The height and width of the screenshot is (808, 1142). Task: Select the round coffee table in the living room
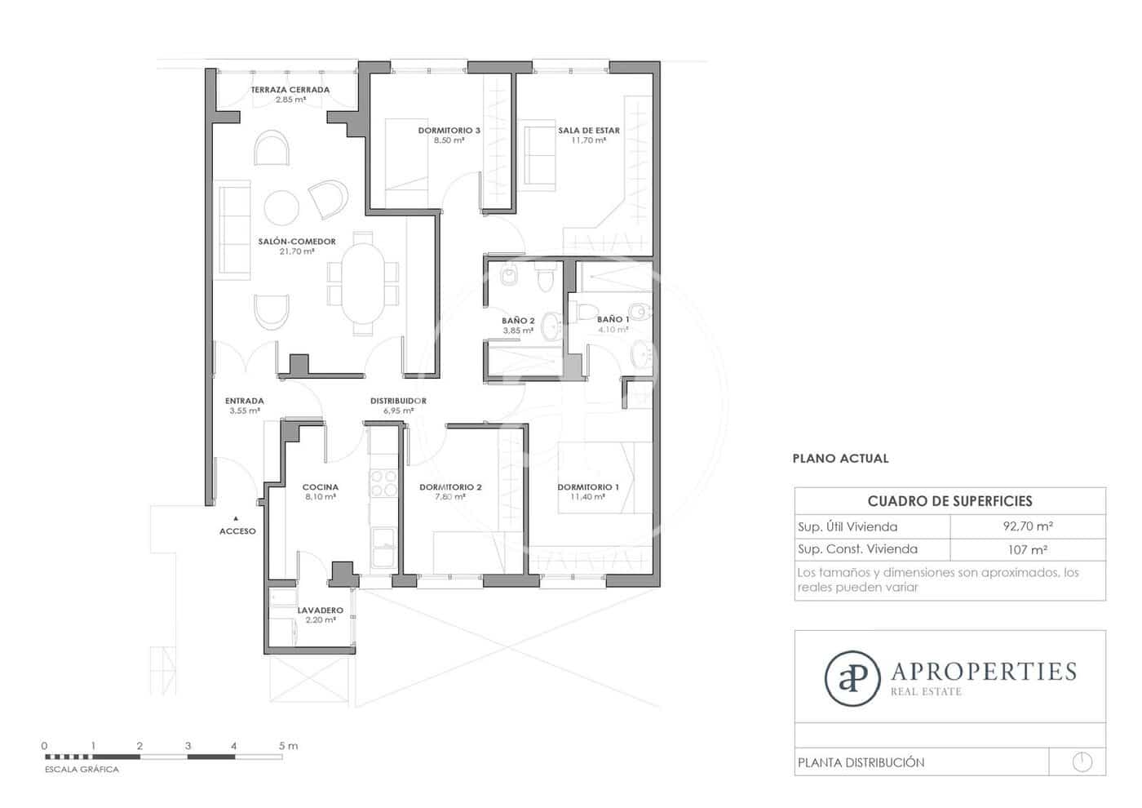pyautogui.click(x=282, y=207)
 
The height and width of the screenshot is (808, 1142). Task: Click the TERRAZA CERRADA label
pyautogui.click(x=290, y=90)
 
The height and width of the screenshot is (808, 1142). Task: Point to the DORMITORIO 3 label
pyautogui.click(x=449, y=131)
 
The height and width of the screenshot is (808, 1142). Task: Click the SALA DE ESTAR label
pyautogui.click(x=588, y=131)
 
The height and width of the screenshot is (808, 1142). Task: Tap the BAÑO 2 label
pyautogui.click(x=518, y=321)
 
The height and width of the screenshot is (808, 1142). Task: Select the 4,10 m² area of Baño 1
pyautogui.click(x=613, y=330)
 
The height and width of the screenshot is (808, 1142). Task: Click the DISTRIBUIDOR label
pyautogui.click(x=398, y=401)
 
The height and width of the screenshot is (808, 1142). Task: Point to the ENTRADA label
pyautogui.click(x=244, y=401)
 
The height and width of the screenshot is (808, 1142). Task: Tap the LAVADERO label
pyautogui.click(x=320, y=610)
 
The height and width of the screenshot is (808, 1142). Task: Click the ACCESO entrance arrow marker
pyautogui.click(x=236, y=518)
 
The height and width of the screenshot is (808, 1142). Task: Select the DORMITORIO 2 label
pyautogui.click(x=450, y=487)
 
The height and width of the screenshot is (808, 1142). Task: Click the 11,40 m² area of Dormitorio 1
pyautogui.click(x=587, y=497)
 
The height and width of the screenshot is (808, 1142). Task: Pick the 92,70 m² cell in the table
pyautogui.click(x=1027, y=526)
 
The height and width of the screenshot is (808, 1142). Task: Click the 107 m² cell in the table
pyautogui.click(x=1027, y=549)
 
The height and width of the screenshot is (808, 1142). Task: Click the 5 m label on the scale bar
pyautogui.click(x=288, y=746)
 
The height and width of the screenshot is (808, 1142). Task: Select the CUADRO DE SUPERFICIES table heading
pyautogui.click(x=949, y=501)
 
